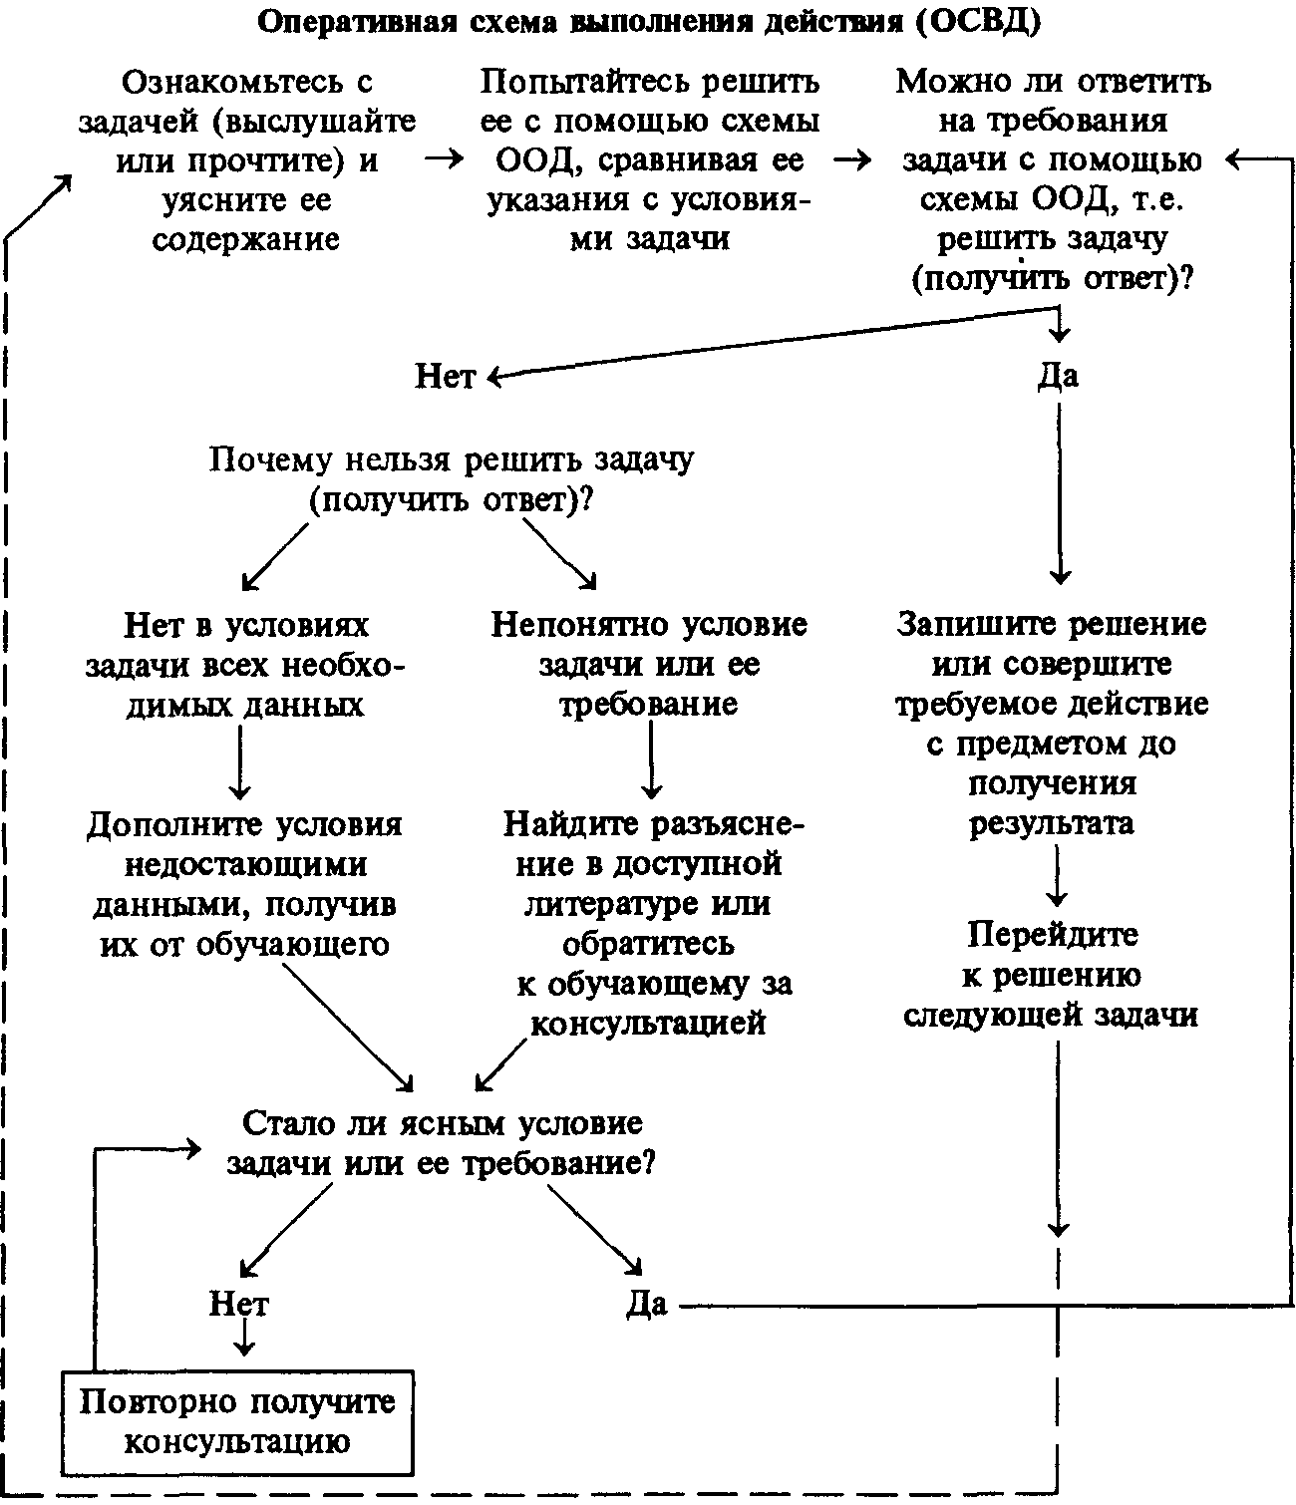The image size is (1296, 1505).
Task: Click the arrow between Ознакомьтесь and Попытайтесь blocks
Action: (x=445, y=158)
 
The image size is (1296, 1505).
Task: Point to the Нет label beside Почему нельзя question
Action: (x=445, y=376)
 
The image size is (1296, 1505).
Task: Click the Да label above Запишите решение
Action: (x=1058, y=376)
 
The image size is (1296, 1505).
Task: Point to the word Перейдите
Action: (x=1053, y=934)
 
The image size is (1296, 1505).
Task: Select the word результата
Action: (x=1052, y=823)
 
